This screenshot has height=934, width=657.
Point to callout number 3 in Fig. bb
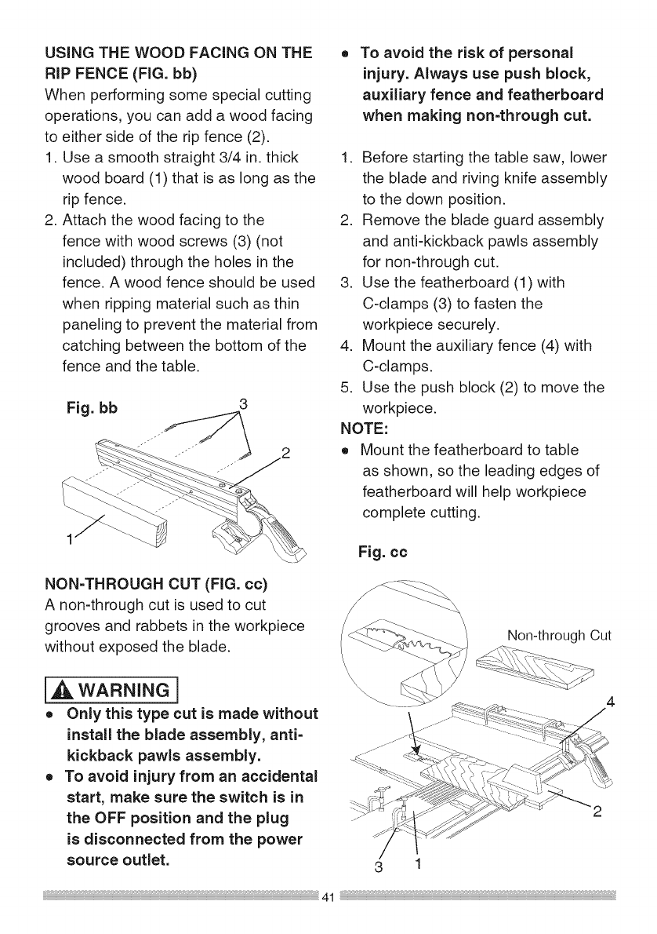pyautogui.click(x=242, y=405)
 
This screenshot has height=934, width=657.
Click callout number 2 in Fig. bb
pyautogui.click(x=285, y=453)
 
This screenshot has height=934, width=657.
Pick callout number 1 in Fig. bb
pyautogui.click(x=68, y=541)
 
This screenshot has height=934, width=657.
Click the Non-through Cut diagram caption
pyautogui.click(x=558, y=634)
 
